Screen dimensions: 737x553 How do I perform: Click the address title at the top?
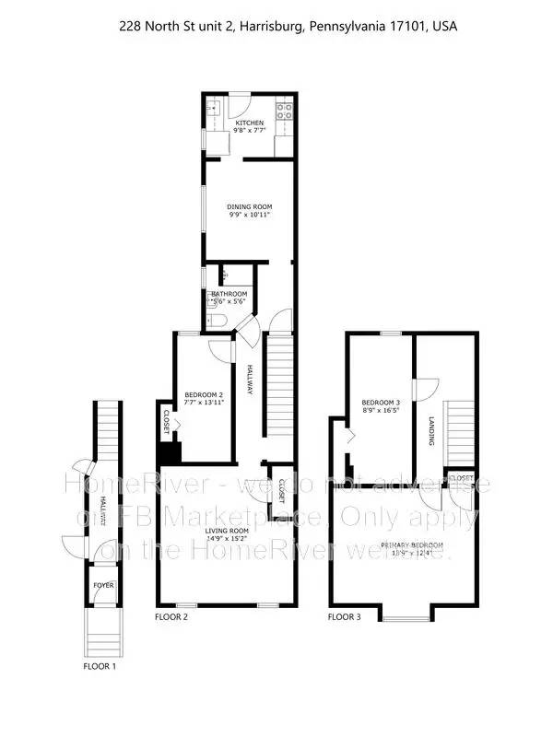pyautogui.click(x=288, y=27)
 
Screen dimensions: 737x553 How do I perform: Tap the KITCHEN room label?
pyautogui.click(x=249, y=123)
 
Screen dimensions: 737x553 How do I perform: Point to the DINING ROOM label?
pyautogui.click(x=250, y=206)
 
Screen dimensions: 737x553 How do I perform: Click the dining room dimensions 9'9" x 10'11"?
pyautogui.click(x=250, y=215)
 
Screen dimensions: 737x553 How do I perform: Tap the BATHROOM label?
pyautogui.click(x=229, y=294)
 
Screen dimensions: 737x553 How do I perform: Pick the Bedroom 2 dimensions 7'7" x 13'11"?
pyautogui.click(x=204, y=402)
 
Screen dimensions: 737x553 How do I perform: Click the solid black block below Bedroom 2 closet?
pyautogui.click(x=170, y=452)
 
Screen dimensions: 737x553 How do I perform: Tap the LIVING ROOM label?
pyautogui.click(x=226, y=532)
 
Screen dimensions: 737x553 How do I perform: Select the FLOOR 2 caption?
pyautogui.click(x=171, y=617)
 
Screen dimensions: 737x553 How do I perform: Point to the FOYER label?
pyautogui.click(x=100, y=585)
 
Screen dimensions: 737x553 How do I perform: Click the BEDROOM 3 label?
pyautogui.click(x=381, y=403)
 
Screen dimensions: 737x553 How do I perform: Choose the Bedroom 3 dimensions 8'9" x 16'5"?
pyautogui.click(x=381, y=412)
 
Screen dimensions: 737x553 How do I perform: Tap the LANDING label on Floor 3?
pyautogui.click(x=430, y=431)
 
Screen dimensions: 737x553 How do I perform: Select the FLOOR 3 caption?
pyautogui.click(x=345, y=617)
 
